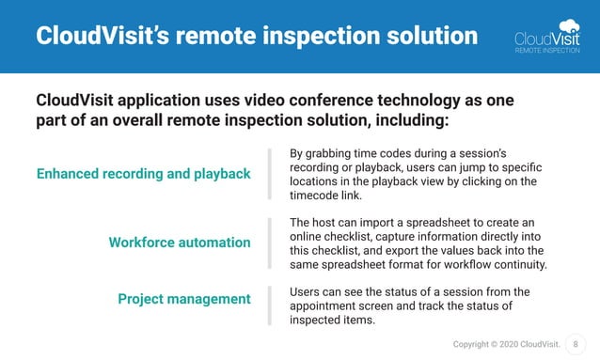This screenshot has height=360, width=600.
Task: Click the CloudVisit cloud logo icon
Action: pos(569,26)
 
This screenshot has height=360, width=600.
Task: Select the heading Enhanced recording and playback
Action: pos(143,174)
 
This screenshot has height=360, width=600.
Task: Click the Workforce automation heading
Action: pos(180,243)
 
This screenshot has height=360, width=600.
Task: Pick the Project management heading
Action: pos(184,299)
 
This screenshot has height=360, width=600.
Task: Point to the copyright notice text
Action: pos(507,344)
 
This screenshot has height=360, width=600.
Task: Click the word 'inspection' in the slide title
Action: pos(324,37)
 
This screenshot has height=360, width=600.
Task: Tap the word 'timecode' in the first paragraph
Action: pos(320,196)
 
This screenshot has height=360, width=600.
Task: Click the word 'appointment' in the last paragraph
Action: pos(328,305)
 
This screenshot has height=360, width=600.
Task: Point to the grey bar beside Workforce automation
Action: pos(270,243)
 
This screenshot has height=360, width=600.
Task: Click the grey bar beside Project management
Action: pos(270,305)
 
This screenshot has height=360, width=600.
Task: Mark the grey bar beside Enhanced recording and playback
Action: pos(270,174)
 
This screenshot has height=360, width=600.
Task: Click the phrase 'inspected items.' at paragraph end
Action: pos(332,320)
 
